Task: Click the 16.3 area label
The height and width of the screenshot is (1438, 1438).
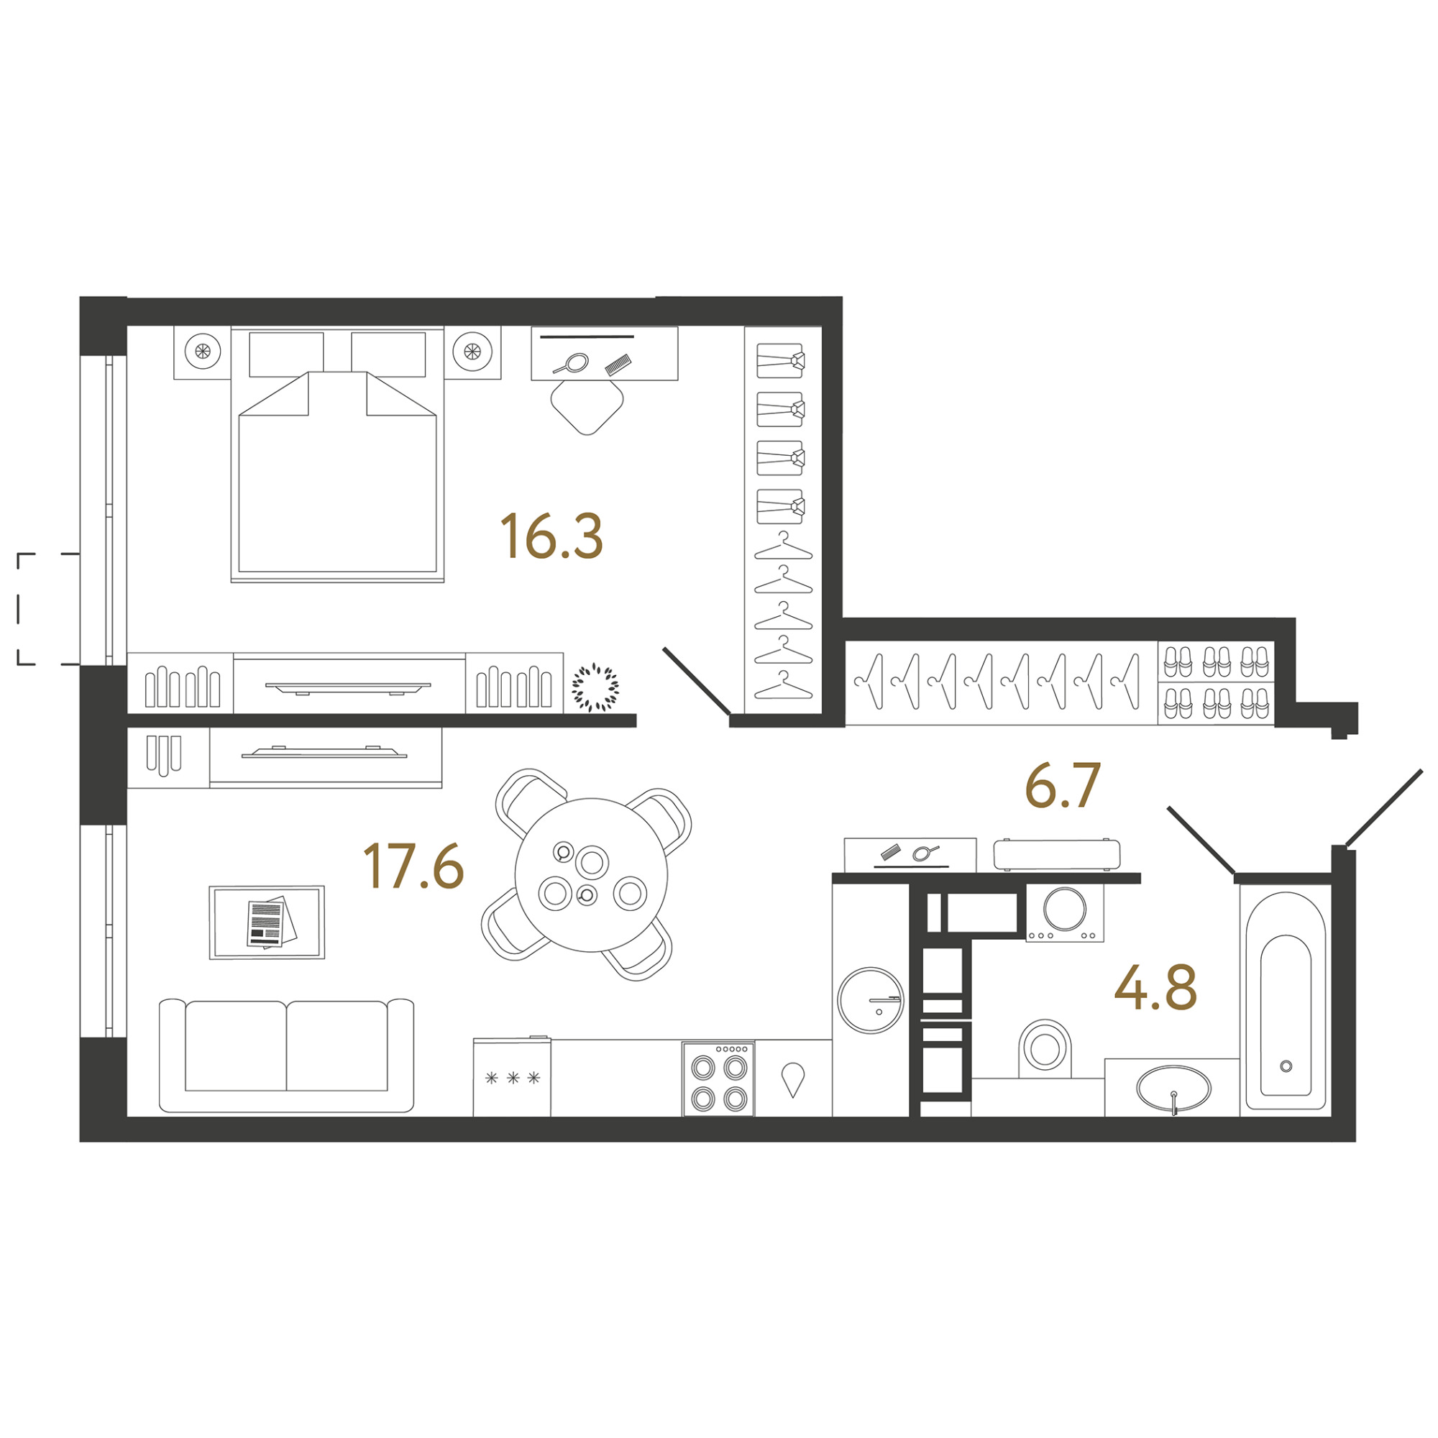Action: (x=551, y=536)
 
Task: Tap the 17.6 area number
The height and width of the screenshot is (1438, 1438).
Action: (x=414, y=866)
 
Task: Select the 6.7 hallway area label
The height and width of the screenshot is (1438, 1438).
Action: (x=1063, y=786)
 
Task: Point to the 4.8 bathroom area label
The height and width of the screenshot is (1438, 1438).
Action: (x=1155, y=987)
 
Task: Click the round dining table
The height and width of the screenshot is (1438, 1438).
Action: (x=591, y=874)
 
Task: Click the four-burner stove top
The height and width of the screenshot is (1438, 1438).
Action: (x=718, y=1078)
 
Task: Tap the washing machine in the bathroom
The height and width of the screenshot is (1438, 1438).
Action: (x=1064, y=912)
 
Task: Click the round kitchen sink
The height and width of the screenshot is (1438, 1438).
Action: (x=871, y=1000)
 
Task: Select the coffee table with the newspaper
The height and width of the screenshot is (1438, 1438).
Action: (x=267, y=922)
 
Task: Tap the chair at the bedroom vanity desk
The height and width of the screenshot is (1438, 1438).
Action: (x=587, y=406)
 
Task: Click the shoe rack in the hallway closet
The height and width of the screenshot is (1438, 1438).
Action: (x=1217, y=682)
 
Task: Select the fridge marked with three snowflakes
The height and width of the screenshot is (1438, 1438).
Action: (x=512, y=1076)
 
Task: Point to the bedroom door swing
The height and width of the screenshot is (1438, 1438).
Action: (x=697, y=681)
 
